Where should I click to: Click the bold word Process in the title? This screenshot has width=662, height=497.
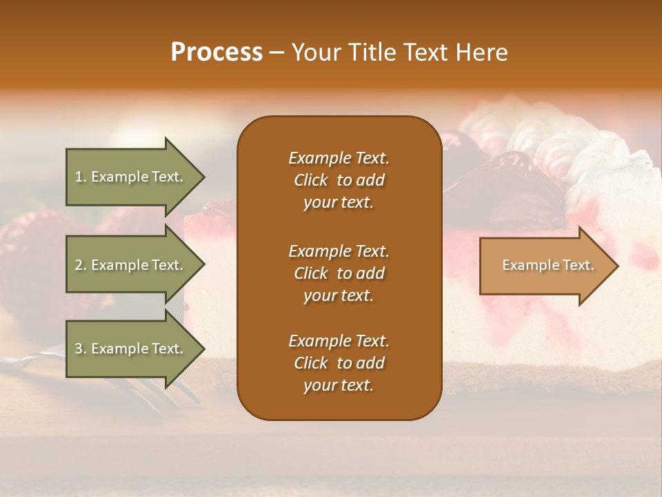pos(217,52)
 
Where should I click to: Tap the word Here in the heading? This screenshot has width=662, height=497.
pos(482,52)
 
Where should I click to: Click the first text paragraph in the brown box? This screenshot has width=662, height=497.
pos(339,179)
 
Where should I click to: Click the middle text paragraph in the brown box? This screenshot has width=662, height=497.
pos(339,273)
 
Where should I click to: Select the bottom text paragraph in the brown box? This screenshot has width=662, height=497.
pos(339,363)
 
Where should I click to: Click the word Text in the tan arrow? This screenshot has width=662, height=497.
pos(579,265)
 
